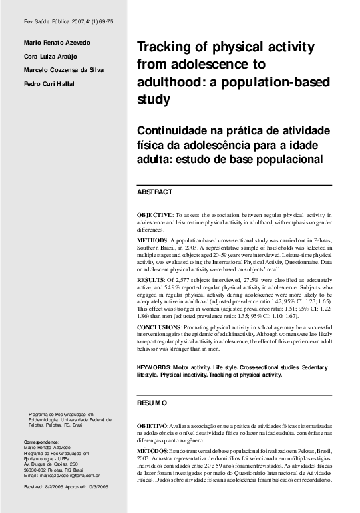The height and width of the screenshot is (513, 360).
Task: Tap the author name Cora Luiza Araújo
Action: click(x=51, y=57)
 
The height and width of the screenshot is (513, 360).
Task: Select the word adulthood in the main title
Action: click(x=167, y=84)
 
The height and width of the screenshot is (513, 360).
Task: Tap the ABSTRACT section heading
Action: click(x=154, y=192)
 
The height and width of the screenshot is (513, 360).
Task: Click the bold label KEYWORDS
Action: click(x=154, y=367)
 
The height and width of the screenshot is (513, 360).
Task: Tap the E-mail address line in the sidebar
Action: click(x=61, y=476)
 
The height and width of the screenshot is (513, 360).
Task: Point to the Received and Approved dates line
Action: click(x=65, y=487)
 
